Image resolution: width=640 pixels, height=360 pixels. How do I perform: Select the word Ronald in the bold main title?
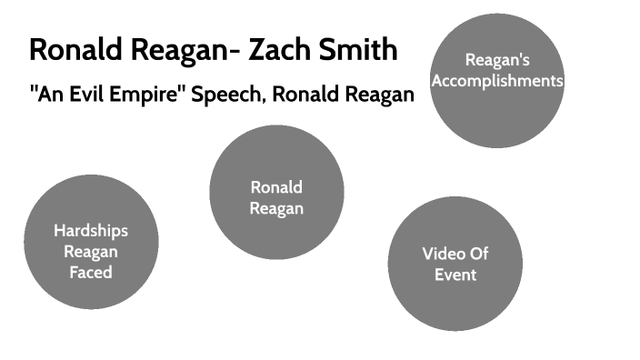[x=75, y=49]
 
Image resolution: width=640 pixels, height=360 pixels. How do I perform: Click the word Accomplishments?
[x=497, y=81]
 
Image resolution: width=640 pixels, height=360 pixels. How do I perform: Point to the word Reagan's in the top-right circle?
[x=496, y=61]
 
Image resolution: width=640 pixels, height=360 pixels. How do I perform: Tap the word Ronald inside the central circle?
[x=276, y=187]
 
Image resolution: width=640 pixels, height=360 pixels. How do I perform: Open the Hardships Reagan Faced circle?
[x=91, y=241]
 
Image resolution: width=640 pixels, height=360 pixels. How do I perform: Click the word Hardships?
[x=90, y=230]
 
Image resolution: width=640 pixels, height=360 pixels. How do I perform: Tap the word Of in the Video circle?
[x=479, y=254]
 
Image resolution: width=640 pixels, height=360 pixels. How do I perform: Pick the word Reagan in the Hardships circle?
[x=91, y=251]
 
